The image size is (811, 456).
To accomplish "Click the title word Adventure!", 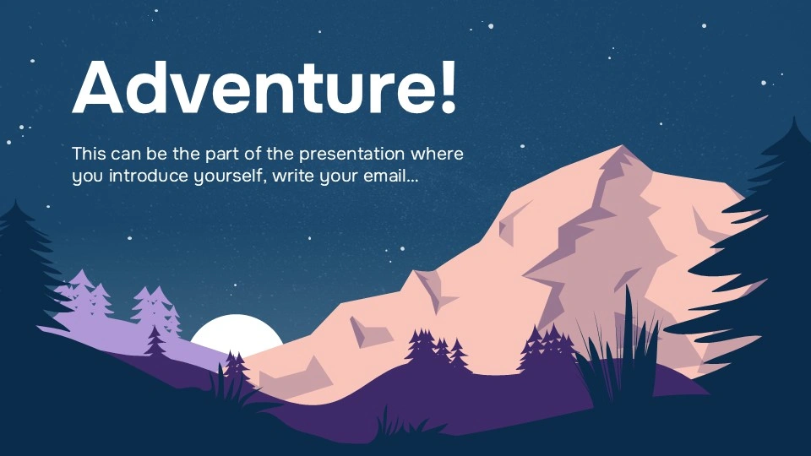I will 264,88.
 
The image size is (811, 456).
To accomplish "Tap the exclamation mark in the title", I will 447,88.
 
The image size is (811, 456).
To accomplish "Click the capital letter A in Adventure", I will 101,88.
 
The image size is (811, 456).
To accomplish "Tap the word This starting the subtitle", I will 89,155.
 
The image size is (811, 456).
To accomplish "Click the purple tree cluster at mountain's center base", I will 435,348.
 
